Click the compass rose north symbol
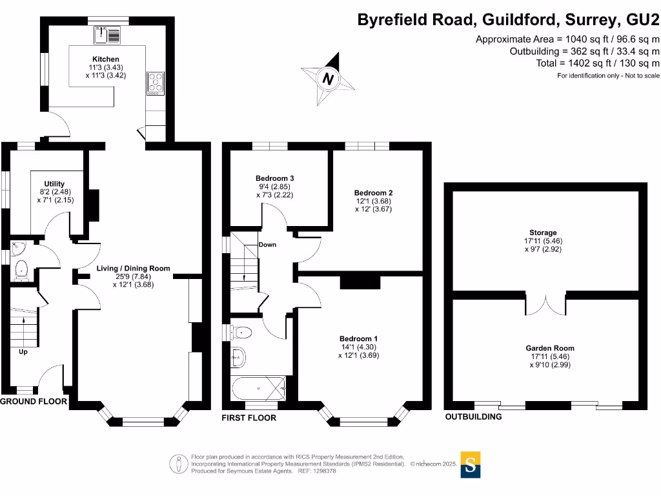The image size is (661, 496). click(x=329, y=79)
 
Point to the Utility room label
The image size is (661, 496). click(x=55, y=184)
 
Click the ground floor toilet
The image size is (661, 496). click(x=20, y=270)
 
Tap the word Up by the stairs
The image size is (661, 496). click(x=23, y=352)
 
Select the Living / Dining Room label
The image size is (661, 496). click(x=133, y=269)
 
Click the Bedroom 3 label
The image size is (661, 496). click(x=275, y=178)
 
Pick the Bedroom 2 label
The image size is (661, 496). click(x=373, y=192)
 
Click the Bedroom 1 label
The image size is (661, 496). click(x=359, y=338)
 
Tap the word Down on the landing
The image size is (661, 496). click(x=267, y=245)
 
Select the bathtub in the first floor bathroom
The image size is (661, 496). click(x=258, y=389)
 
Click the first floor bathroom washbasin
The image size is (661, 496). click(x=238, y=355)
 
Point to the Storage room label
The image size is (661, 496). click(x=540, y=232)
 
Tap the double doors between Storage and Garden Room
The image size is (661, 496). click(x=546, y=305)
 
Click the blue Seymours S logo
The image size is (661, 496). click(x=471, y=464)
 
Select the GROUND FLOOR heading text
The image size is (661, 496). click(x=34, y=401)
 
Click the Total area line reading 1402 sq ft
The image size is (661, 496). click(x=598, y=63)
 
